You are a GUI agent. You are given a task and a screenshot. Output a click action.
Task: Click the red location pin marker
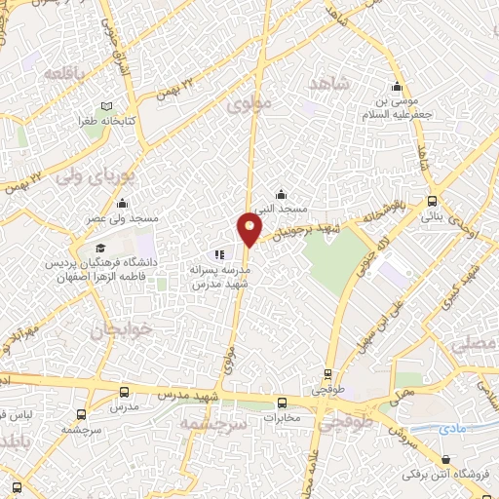249,230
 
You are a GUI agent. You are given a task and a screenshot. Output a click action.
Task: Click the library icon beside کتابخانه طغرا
106,107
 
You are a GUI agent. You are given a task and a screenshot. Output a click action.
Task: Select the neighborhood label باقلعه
61,74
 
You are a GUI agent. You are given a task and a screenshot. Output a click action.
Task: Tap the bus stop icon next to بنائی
432,202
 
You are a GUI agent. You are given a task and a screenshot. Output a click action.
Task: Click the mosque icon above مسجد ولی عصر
122,203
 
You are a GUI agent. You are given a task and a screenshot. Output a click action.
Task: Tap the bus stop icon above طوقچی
326,373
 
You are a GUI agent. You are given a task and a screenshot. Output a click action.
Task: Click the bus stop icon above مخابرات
282,403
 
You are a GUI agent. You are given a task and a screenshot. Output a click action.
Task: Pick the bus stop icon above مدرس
123,391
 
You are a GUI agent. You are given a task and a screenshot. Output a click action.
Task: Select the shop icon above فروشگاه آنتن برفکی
445,459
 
